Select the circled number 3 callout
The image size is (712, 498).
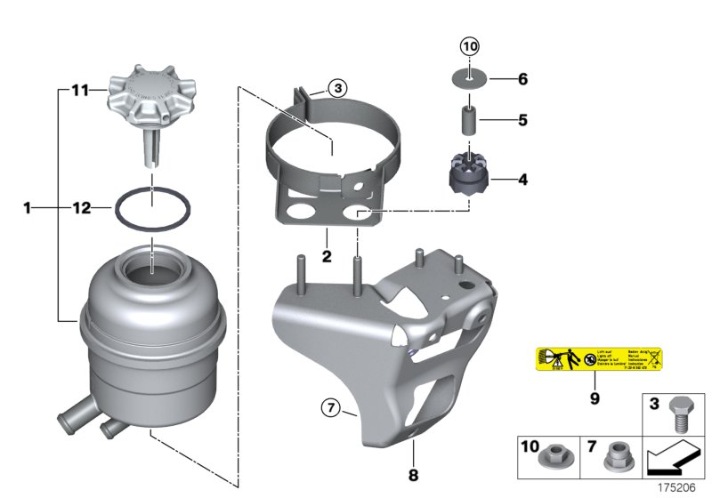coord(338,88)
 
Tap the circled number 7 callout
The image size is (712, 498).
coord(330,409)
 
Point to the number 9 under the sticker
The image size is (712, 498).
coord(594,398)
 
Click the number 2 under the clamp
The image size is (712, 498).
coord(327,257)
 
